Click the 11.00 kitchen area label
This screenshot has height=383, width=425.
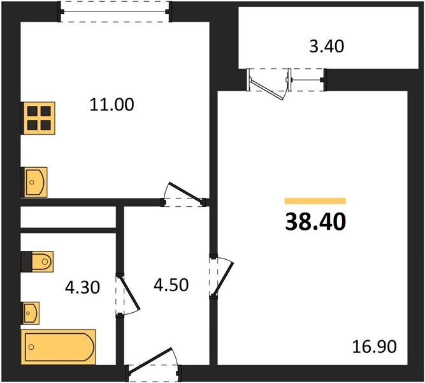112,105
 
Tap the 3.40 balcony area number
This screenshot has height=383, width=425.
327,46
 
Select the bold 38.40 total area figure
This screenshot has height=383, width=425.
315,222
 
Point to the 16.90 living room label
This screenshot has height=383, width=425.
374,347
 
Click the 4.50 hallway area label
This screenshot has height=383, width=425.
171,285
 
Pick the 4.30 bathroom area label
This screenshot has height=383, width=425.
82,287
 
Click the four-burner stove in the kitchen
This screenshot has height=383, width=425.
38,118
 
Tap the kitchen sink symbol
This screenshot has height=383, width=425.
34,182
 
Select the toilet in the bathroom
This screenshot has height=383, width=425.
38,262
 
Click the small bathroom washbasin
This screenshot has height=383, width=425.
31,313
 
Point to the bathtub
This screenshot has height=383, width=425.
58,347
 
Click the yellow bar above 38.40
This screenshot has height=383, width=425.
315,201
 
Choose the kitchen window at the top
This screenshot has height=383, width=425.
115,11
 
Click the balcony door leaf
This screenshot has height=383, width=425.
267,89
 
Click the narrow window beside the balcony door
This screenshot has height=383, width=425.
307,80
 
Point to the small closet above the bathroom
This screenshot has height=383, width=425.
68,217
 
